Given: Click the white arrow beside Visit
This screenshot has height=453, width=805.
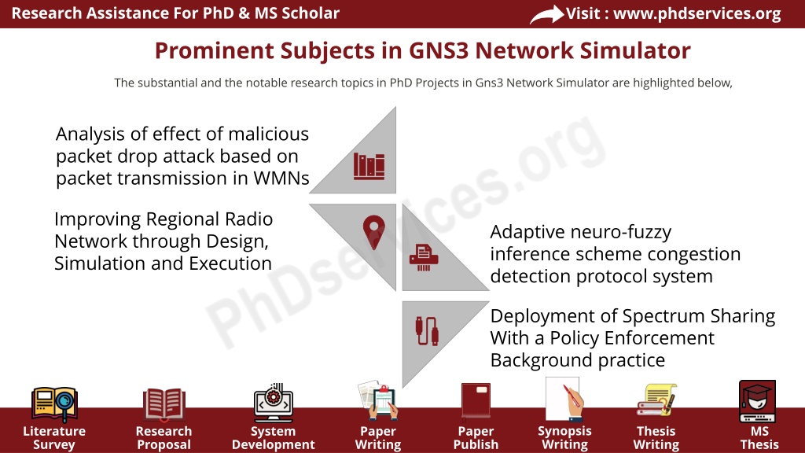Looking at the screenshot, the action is tap(546, 14).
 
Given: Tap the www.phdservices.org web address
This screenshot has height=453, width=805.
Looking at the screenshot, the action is tap(697, 13).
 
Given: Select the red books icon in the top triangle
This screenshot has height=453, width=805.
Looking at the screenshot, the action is tap(369, 166).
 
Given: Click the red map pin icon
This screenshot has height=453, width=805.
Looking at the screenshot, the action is tap(373, 232).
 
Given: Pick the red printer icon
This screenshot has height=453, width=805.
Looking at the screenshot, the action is tap(424, 258).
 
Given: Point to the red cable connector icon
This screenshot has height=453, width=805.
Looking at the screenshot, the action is tap(427, 331).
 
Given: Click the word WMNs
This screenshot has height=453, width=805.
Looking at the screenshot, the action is tap(281, 179).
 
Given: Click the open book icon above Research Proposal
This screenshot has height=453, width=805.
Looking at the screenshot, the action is tap(164, 404).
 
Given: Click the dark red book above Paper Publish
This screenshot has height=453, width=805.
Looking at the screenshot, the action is tap(476, 400).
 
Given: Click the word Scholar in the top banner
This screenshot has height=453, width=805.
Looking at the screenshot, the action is tap(311, 13).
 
